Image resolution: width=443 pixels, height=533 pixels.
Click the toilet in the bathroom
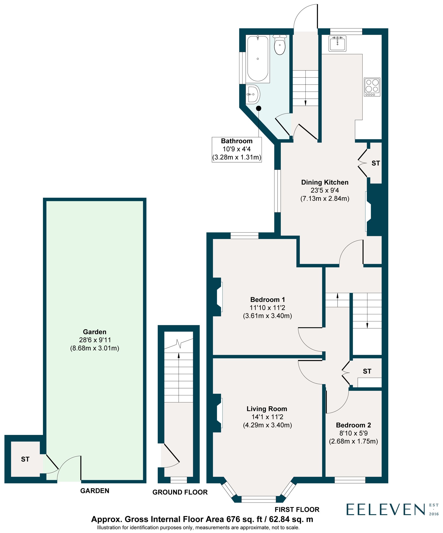(x=280, y=45)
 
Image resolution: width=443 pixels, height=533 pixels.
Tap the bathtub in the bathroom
(x=258, y=59)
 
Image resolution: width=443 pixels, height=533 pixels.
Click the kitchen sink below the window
(x=337, y=43)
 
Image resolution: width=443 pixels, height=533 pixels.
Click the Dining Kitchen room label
(x=325, y=182)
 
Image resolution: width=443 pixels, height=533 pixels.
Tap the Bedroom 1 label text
(x=268, y=299)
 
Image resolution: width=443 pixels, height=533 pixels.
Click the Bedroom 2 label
(x=353, y=425)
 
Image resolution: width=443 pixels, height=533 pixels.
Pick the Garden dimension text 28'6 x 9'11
(x=95, y=340)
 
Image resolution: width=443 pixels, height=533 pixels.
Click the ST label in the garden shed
(x=25, y=459)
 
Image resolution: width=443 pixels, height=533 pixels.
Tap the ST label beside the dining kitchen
(x=375, y=163)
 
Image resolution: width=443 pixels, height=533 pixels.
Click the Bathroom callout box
(x=237, y=149)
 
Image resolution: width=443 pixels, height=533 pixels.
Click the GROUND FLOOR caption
(x=180, y=492)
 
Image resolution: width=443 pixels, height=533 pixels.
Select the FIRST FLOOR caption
(x=297, y=509)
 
